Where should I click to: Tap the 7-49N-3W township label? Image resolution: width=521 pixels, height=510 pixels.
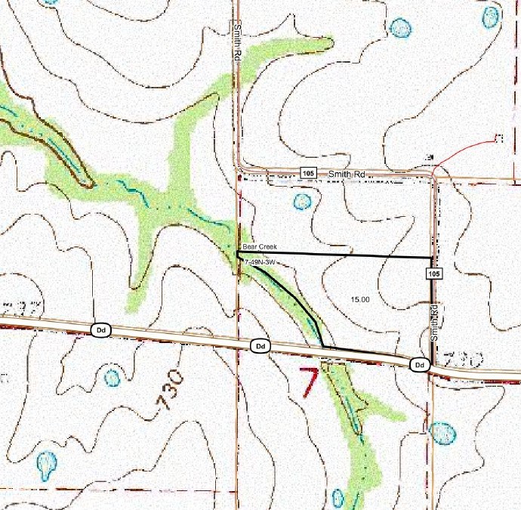[257, 262]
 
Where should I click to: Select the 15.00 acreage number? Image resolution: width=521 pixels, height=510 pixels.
[360, 300]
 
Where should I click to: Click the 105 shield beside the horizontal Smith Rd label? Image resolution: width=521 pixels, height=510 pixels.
[307, 173]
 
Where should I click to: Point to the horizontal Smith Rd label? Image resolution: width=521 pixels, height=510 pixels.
[347, 174]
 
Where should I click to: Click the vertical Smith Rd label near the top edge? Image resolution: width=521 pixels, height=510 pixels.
[237, 42]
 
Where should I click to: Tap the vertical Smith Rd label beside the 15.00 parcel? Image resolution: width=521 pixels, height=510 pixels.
[434, 323]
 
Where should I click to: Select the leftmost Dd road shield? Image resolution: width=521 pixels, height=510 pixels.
[100, 330]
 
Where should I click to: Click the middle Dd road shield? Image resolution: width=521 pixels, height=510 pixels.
[260, 346]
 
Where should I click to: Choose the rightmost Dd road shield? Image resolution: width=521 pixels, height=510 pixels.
[420, 365]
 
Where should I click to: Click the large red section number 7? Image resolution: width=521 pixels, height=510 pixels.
[308, 382]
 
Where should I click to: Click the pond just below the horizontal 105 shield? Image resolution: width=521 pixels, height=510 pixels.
[302, 201]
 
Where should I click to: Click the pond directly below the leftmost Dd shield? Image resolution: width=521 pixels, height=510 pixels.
[112, 377]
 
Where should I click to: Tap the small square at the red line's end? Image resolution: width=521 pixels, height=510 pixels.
[498, 138]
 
